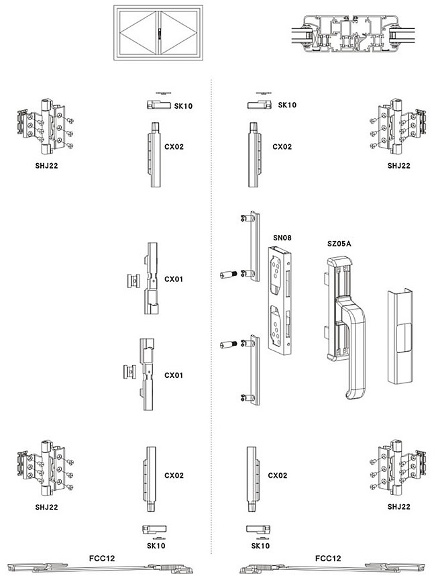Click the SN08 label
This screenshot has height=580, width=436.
pos(281,237)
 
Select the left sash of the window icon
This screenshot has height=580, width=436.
pos(138,34)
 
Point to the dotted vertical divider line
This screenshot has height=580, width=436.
pos(211,302)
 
